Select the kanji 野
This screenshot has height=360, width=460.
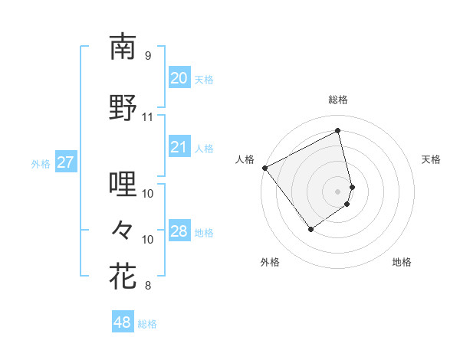(x=123, y=108)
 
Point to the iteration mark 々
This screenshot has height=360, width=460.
(x=123, y=229)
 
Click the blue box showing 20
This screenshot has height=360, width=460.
(x=179, y=78)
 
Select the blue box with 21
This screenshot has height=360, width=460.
(x=179, y=147)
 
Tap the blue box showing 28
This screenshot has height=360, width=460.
(x=179, y=231)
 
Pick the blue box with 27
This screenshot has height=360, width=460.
(x=66, y=162)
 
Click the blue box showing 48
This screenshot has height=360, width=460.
(x=123, y=322)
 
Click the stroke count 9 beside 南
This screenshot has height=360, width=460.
(x=147, y=56)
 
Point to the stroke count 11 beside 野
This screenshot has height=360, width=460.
(x=147, y=117)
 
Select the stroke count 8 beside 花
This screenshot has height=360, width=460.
(x=147, y=286)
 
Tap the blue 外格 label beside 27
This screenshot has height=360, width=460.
(x=41, y=163)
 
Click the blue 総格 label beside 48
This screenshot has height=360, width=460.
(x=147, y=324)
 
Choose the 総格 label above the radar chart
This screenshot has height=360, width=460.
(x=338, y=100)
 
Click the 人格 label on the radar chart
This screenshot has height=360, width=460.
(x=245, y=159)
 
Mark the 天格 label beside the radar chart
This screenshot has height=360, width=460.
(x=432, y=159)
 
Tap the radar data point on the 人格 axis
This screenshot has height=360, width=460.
(x=264, y=168)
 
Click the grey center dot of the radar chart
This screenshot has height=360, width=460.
(x=338, y=191)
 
